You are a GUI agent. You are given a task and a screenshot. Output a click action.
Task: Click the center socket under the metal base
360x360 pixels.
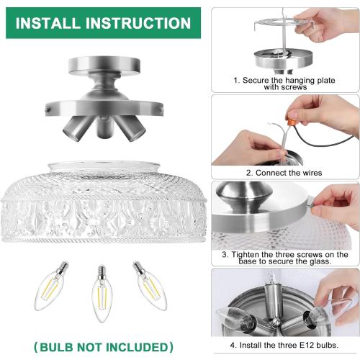102,130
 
